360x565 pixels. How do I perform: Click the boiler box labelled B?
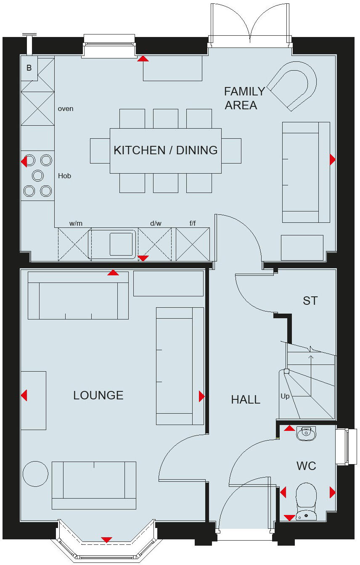29,67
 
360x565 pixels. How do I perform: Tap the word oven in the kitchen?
66,109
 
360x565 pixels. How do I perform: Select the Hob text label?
64,176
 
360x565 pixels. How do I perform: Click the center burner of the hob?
38,175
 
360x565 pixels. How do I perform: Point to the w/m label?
76,223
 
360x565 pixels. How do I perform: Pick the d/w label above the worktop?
156,223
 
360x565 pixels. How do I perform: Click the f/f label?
192,223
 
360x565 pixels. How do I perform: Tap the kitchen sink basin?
121,244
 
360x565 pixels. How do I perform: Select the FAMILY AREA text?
244,98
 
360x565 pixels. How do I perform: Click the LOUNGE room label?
98,395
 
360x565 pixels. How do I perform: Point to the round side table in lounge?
35,474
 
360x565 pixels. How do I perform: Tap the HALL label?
246,399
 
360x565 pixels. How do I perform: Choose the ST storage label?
310,301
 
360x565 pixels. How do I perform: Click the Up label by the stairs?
285,396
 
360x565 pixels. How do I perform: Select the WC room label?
306,466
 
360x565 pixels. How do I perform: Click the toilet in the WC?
306,500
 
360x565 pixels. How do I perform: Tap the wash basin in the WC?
306,433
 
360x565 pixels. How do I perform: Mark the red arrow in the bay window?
107,540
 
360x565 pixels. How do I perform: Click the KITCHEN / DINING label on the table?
166,150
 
